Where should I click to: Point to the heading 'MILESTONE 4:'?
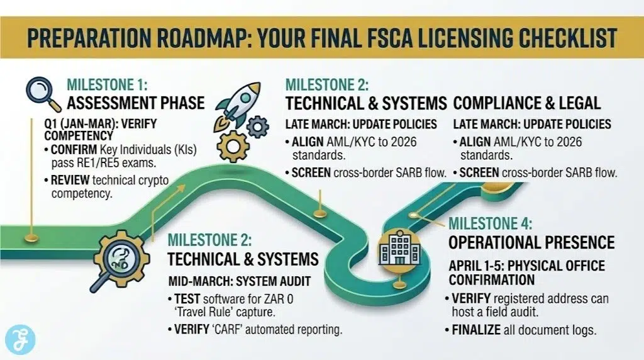tap(491, 223)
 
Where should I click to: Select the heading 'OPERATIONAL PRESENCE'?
tap(531, 242)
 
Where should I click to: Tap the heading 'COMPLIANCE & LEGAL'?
tap(527, 103)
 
